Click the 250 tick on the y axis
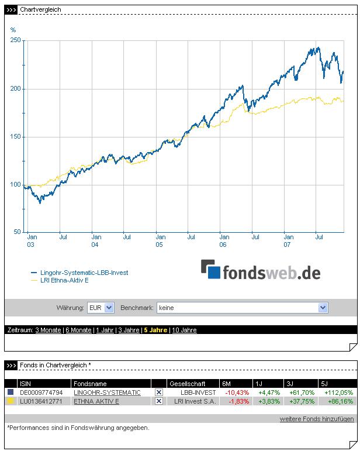click(16, 40)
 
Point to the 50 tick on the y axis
click(18, 232)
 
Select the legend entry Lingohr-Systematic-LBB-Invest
click(84, 273)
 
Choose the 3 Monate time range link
click(48, 330)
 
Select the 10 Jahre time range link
click(185, 330)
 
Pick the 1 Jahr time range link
click(105, 330)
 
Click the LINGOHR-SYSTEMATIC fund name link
click(107, 393)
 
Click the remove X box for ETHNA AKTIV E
click(159, 401)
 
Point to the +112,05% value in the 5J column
click(338, 393)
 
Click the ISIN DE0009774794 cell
click(41, 393)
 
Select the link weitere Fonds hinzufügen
click(317, 419)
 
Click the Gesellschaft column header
click(187, 383)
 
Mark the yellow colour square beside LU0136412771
click(10, 401)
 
